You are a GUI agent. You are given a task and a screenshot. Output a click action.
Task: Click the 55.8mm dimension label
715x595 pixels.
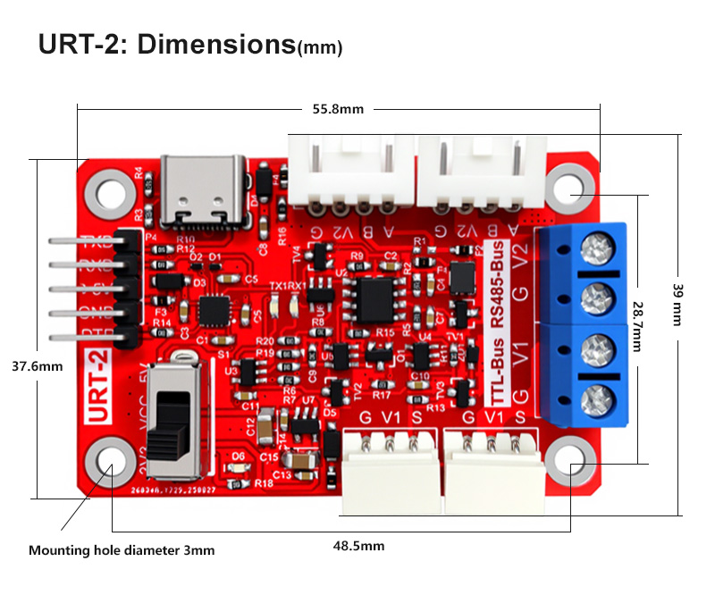[x=338, y=109]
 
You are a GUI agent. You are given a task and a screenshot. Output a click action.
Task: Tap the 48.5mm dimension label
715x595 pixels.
[x=358, y=545]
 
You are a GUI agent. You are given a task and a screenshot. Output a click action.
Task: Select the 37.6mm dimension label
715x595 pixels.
[x=37, y=366]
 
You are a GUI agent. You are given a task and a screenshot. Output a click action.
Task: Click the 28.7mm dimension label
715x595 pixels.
[x=637, y=324]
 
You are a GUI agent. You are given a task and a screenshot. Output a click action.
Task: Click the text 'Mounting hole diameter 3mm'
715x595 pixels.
[x=122, y=550]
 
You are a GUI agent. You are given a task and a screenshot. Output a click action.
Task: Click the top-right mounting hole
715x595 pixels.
[x=569, y=189]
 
